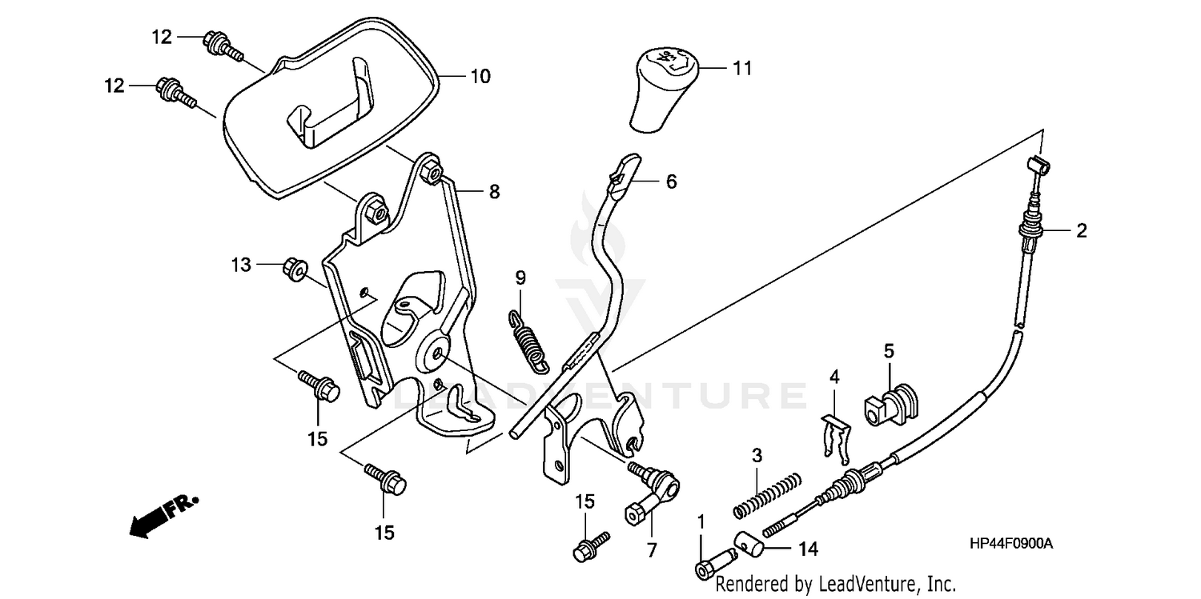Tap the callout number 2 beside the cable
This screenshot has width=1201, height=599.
pyautogui.click(x=1081, y=231)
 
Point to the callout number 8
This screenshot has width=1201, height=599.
pyautogui.click(x=493, y=191)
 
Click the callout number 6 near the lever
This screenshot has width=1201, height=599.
pyautogui.click(x=670, y=182)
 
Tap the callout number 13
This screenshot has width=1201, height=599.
pyautogui.click(x=241, y=265)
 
